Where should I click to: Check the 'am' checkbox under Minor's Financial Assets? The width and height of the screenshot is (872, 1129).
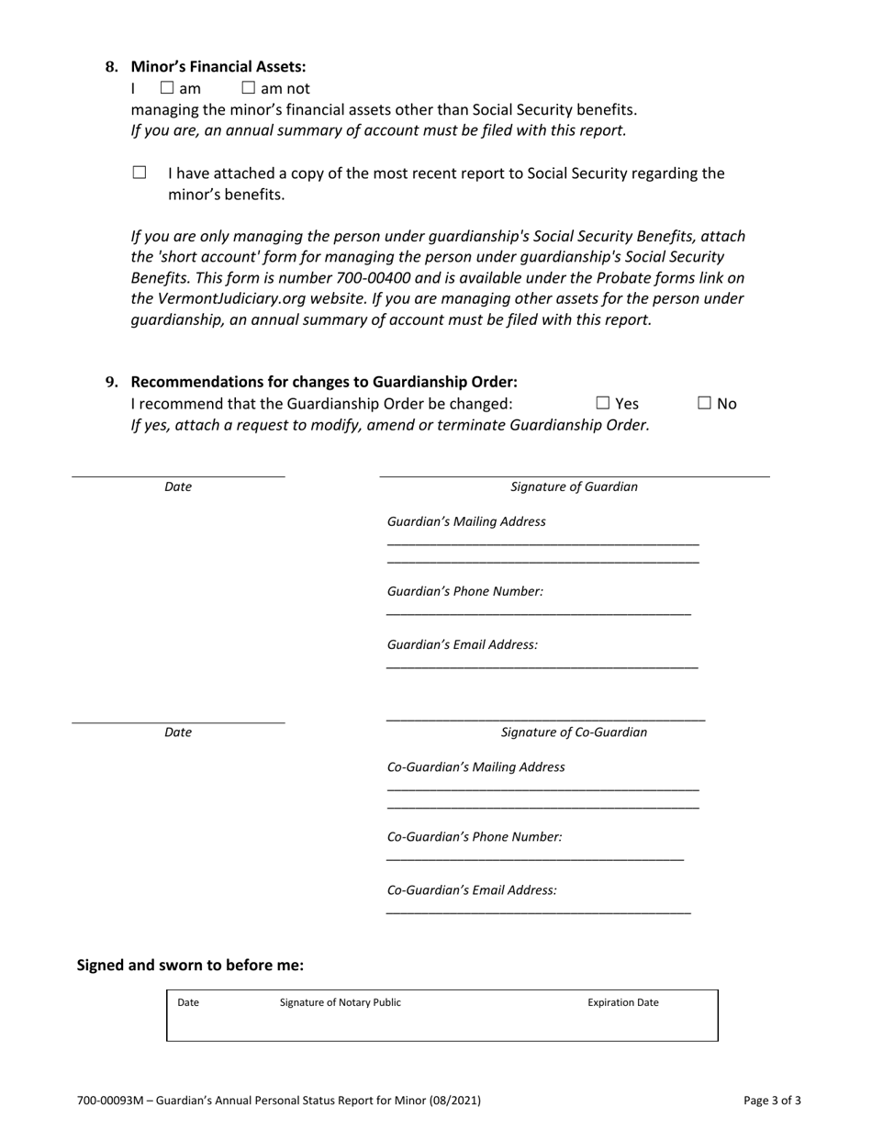point(167,88)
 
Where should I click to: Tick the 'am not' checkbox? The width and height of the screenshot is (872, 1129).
point(248,88)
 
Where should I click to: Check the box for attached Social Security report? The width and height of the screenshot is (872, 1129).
point(140,173)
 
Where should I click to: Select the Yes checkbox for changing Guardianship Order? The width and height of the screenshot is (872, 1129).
point(603,403)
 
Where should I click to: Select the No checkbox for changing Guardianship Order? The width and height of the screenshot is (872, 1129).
point(705,403)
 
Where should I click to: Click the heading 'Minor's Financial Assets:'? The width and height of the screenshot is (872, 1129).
point(218,67)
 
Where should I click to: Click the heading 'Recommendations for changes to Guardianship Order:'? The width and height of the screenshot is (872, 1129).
point(324,382)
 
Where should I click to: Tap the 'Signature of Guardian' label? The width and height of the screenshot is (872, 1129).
point(574,486)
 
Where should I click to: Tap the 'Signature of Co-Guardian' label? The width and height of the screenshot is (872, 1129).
point(574,732)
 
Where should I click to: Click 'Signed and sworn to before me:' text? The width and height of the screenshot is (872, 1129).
point(190,965)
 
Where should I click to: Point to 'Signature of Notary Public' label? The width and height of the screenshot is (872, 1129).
point(341,1002)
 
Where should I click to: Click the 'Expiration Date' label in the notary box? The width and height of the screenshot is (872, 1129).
point(623,1002)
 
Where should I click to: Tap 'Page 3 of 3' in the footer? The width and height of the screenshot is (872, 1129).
point(772,1100)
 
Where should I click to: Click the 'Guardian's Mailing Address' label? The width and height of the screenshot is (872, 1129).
point(466,521)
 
